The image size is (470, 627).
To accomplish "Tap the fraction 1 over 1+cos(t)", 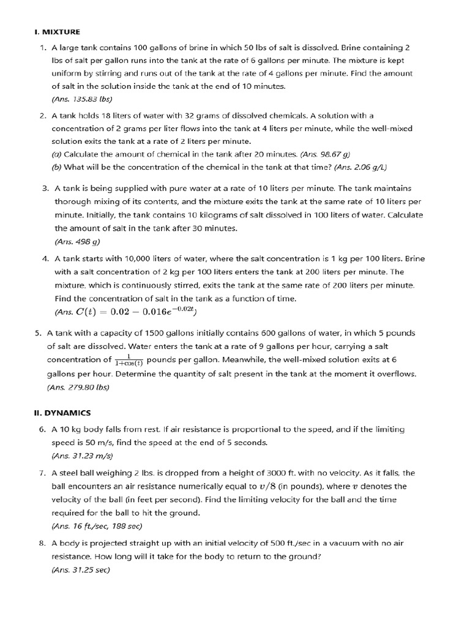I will pos(129,359).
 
